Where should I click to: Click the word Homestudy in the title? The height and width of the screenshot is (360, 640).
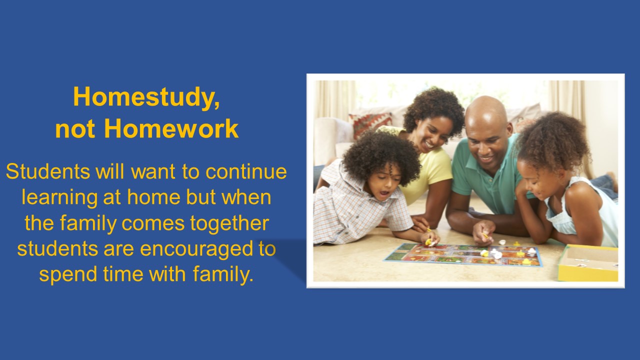coord(143,96)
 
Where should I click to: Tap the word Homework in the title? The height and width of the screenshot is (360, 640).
coord(171,129)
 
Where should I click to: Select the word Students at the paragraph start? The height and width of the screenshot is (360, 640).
coord(48,171)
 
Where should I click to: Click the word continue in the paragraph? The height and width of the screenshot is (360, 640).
coord(246,171)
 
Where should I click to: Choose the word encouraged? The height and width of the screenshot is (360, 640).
coord(196,249)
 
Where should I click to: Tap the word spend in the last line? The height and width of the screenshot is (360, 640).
coord(68,275)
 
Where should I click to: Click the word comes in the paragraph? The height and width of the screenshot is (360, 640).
coord(153,223)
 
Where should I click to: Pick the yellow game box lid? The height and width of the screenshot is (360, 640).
coord(588,262)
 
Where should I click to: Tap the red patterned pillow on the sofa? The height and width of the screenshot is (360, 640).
coord(370,123)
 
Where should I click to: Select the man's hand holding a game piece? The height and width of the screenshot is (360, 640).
coord(483,233)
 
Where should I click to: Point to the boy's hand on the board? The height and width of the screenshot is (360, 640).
coord(430,238)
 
